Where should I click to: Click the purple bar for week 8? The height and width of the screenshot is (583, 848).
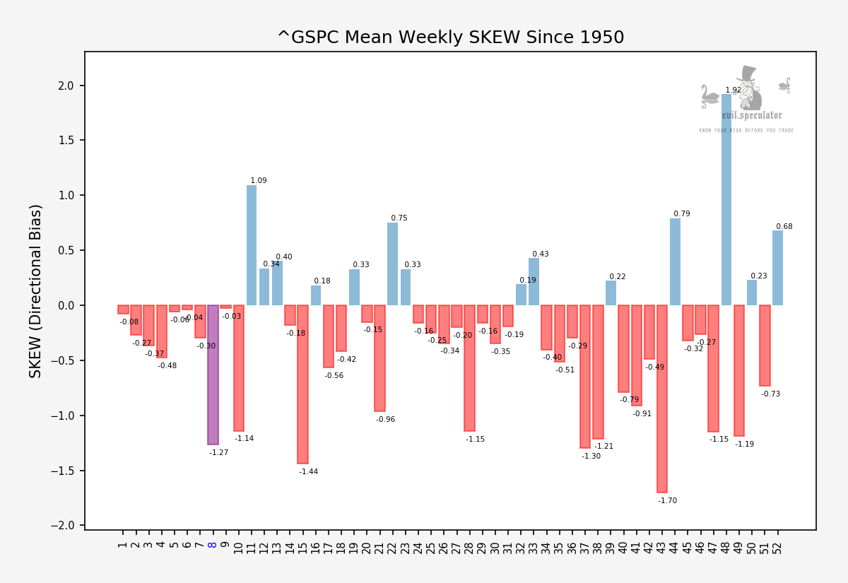point(213,375)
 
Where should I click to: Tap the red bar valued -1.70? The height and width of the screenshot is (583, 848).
point(662,399)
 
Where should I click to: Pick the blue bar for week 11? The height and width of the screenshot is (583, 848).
point(252,245)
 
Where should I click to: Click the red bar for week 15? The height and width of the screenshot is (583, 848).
point(302,384)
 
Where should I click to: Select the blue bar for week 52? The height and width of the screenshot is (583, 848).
point(777,268)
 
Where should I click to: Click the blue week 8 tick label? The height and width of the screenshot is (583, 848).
point(213,544)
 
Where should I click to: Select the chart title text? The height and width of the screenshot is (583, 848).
point(450,37)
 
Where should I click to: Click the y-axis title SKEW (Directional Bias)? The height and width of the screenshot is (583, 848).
point(36,290)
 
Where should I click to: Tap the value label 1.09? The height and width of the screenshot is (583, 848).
point(259,181)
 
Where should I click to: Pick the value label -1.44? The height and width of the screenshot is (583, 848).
point(308,472)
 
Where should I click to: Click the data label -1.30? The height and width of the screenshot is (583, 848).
point(591,457)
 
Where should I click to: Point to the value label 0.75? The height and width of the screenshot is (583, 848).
point(399,218)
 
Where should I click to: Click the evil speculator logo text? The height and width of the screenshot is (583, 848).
point(752,115)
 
